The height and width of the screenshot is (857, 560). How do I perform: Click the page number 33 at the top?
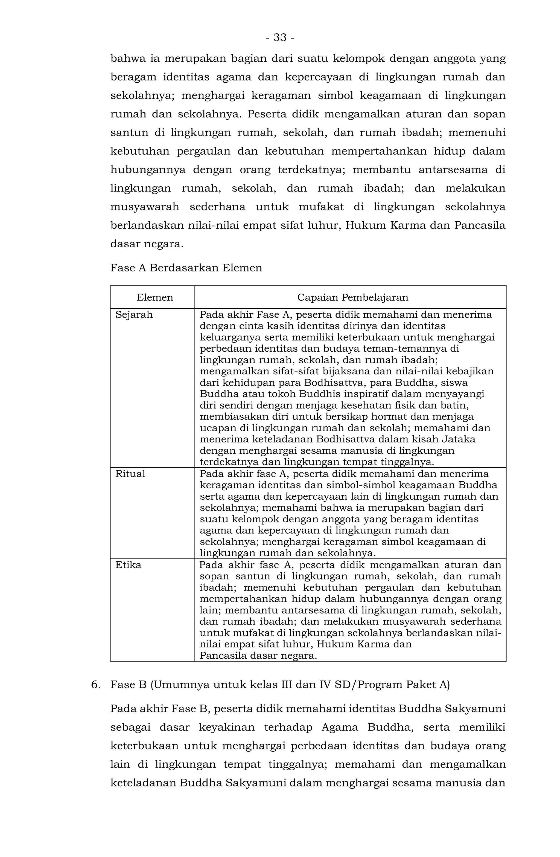280,37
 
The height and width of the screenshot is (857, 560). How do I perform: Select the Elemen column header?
155,297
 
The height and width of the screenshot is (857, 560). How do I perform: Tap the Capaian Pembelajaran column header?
352,297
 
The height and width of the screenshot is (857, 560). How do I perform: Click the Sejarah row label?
134,315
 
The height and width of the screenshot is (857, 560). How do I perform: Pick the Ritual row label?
130,474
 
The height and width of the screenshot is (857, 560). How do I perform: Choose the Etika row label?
129,565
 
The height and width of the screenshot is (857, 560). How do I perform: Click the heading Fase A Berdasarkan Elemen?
186,268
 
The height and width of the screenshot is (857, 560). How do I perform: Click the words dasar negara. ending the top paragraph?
147,244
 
